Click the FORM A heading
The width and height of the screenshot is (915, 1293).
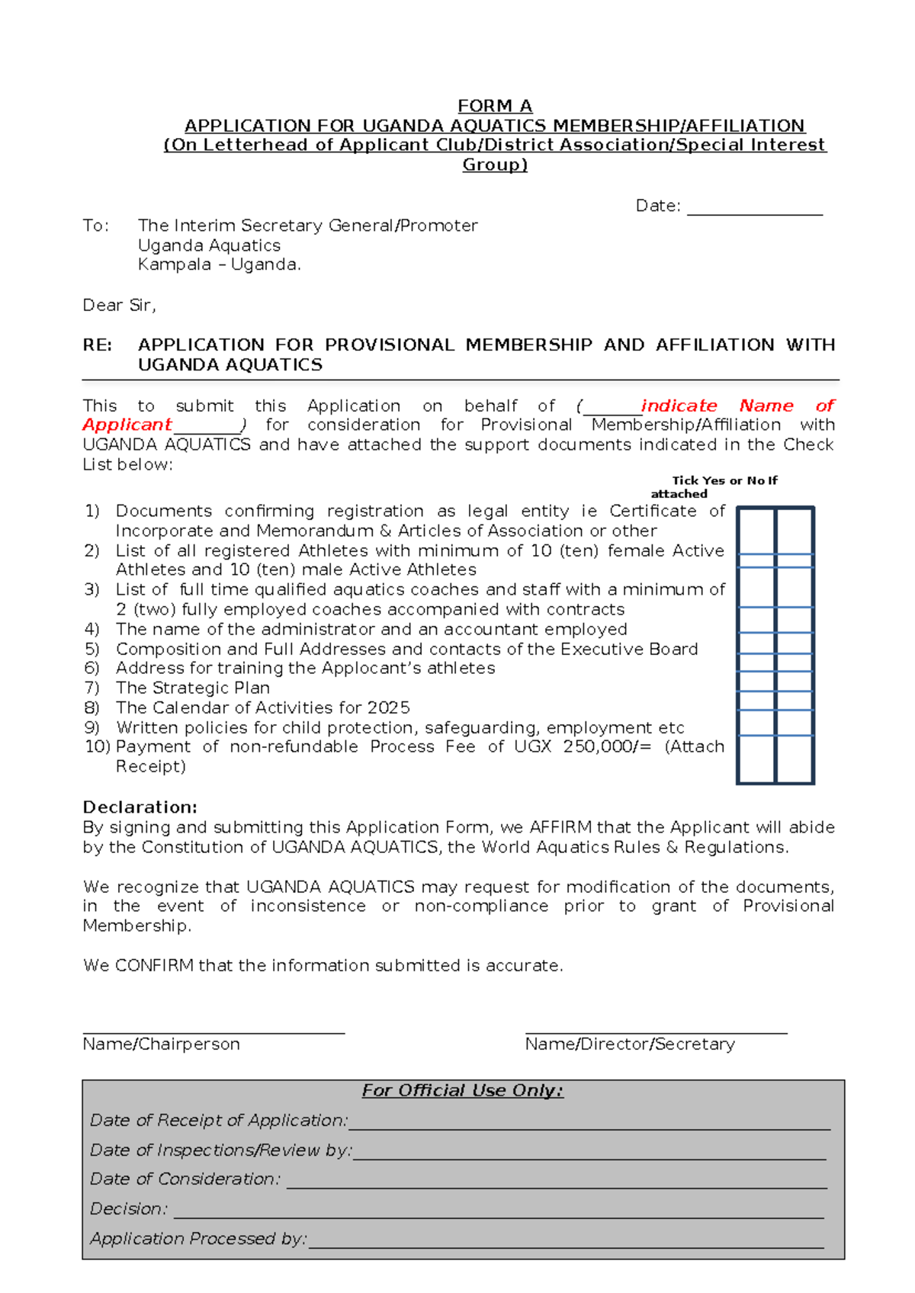(x=495, y=106)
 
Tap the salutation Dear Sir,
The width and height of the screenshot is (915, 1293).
(x=119, y=306)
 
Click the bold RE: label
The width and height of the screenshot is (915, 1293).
(x=98, y=345)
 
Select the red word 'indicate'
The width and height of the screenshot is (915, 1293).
(x=679, y=406)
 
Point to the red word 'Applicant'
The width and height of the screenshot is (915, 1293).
(x=127, y=425)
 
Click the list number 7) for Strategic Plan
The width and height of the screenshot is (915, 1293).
(x=91, y=688)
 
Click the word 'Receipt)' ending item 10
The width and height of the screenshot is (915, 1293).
(x=150, y=767)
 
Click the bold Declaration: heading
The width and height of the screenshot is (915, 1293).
(x=140, y=807)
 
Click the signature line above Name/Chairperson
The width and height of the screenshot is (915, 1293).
(x=213, y=1032)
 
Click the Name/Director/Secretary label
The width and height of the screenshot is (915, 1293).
(x=630, y=1044)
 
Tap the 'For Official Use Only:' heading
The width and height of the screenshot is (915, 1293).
(x=462, y=1091)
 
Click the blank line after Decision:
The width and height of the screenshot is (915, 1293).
(x=499, y=1217)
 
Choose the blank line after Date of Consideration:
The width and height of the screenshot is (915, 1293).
(x=556, y=1187)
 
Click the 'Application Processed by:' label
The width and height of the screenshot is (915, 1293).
(x=198, y=1239)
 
